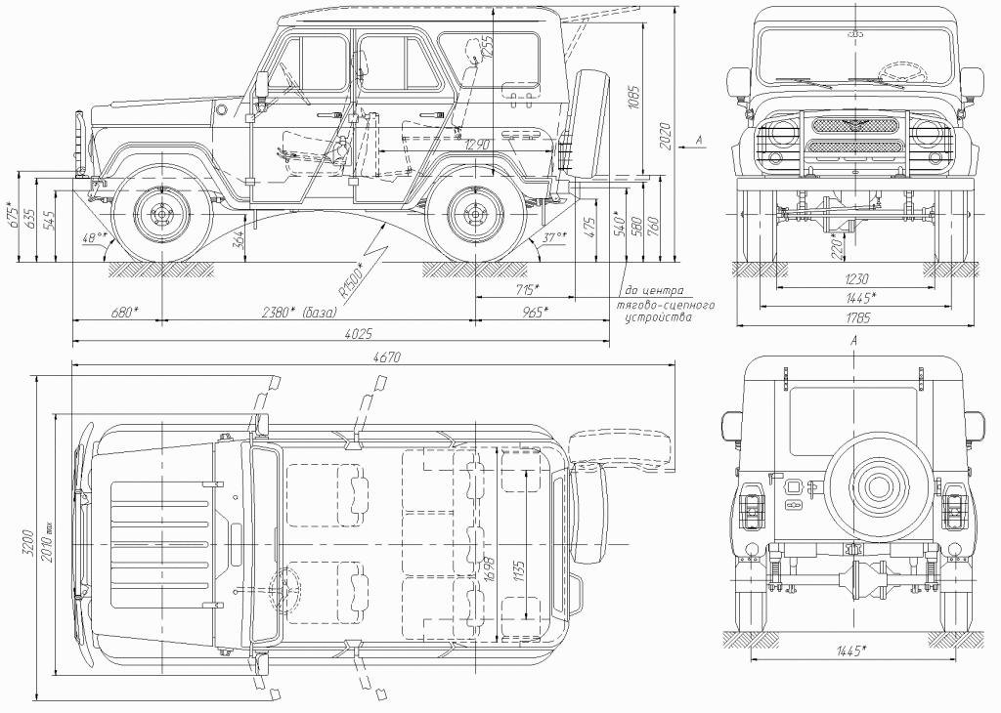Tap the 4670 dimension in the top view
[x=387, y=357]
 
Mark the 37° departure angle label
[x=556, y=238]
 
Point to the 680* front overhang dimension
[x=123, y=313]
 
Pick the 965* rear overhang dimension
[x=533, y=313]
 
